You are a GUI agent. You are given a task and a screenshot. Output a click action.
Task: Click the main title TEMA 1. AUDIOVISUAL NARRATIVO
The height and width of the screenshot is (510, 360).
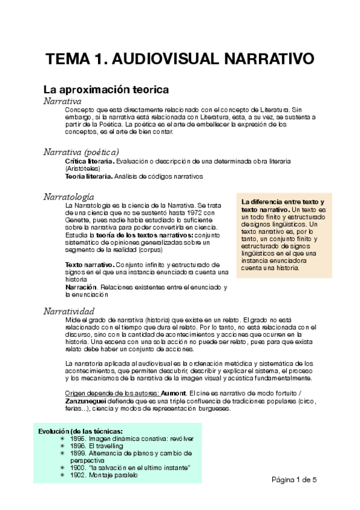(x=180, y=60)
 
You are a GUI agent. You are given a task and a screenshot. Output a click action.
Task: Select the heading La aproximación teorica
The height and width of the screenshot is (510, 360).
(x=106, y=90)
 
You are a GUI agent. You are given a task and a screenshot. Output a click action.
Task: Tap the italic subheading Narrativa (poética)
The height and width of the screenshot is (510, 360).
(x=81, y=152)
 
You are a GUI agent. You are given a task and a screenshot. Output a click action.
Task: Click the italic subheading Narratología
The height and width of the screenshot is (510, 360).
(x=69, y=197)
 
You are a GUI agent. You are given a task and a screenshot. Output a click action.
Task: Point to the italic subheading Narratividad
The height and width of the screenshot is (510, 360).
(x=69, y=311)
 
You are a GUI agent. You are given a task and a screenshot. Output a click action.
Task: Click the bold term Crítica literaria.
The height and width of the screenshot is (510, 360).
(x=89, y=162)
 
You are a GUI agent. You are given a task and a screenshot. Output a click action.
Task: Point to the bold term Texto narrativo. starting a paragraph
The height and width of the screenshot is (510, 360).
(x=89, y=265)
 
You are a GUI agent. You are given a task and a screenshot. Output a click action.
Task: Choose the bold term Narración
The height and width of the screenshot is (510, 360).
(x=81, y=287)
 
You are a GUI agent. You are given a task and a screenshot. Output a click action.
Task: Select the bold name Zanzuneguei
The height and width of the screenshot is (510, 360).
(x=90, y=401)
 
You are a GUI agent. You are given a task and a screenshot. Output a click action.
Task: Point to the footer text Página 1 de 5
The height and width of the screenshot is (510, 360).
(x=294, y=479)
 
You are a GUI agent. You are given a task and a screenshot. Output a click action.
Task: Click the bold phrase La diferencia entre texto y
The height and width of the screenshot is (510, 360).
(x=282, y=201)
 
